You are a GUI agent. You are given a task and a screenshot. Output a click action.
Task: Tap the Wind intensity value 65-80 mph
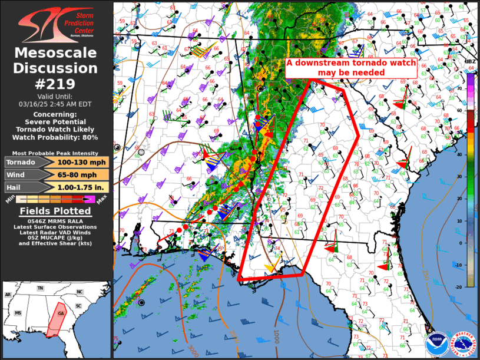tap(81, 175)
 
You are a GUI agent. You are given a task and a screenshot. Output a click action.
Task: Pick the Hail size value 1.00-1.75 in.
tap(81, 187)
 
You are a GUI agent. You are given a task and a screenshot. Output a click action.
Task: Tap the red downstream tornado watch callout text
tap(352, 68)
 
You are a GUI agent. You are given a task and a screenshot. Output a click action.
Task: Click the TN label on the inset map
tap(40, 289)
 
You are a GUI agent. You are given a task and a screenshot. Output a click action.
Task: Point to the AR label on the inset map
tap(8, 294)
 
